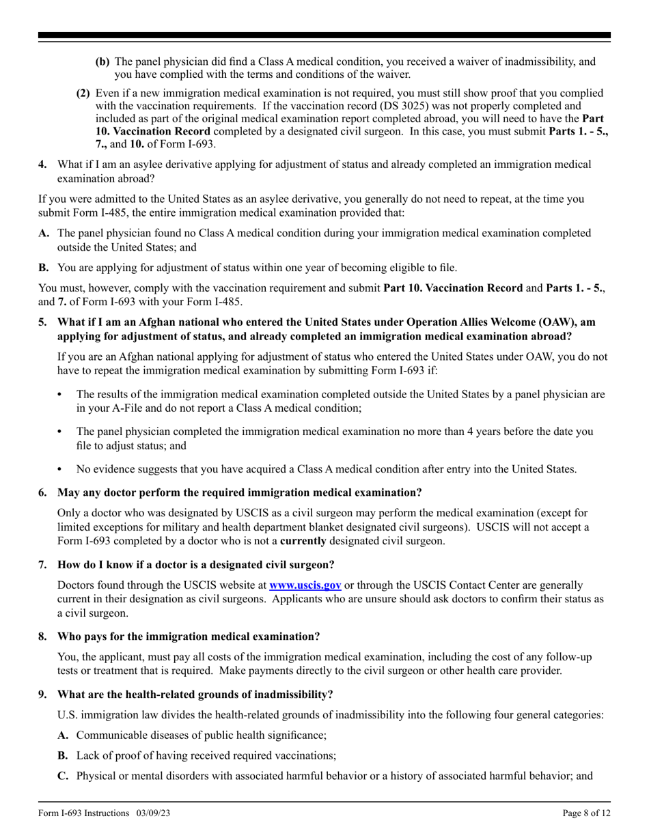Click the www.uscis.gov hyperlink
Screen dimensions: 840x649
click(x=305, y=585)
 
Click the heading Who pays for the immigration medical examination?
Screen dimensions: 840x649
click(x=189, y=636)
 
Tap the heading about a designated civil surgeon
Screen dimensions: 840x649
click(x=196, y=564)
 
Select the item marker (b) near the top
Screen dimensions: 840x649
click(x=102, y=61)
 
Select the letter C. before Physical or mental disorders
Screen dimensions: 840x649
click(x=64, y=776)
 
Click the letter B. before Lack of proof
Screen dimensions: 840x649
click(x=64, y=756)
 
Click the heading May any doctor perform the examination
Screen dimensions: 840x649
click(x=239, y=492)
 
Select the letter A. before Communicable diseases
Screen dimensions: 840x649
click(x=64, y=736)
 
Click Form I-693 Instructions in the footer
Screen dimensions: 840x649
click(x=83, y=813)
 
